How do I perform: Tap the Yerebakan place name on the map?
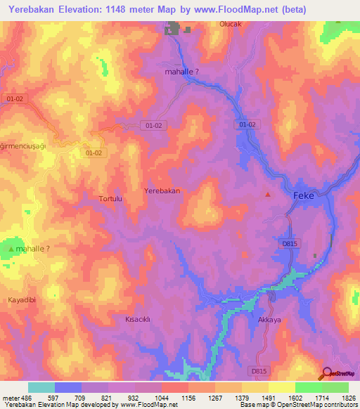pos(162,190)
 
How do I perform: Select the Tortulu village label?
pos(111,199)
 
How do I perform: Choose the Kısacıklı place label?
pos(138,319)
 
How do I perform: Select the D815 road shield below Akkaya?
pos(259,370)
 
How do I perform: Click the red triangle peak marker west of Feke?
pos(267,195)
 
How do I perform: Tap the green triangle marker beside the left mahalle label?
pos(11,249)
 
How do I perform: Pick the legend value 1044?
pos(161,398)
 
